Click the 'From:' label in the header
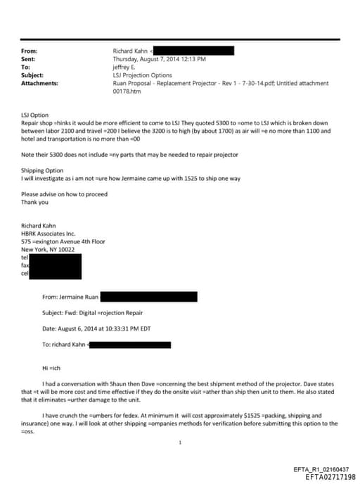pyautogui.click(x=30, y=51)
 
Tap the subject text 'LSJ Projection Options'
pyautogui.click(x=142, y=75)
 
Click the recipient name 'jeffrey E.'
pyautogui.click(x=127, y=67)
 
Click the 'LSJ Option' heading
pyautogui.click(x=35, y=115)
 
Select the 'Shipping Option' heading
pyautogui.click(x=42, y=170)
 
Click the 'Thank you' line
pyautogui.click(x=34, y=203)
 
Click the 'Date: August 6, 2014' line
pyautogui.click(x=96, y=329)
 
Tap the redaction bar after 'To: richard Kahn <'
pyautogui.click(x=131, y=345)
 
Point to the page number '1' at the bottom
pyautogui.click(x=181, y=442)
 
